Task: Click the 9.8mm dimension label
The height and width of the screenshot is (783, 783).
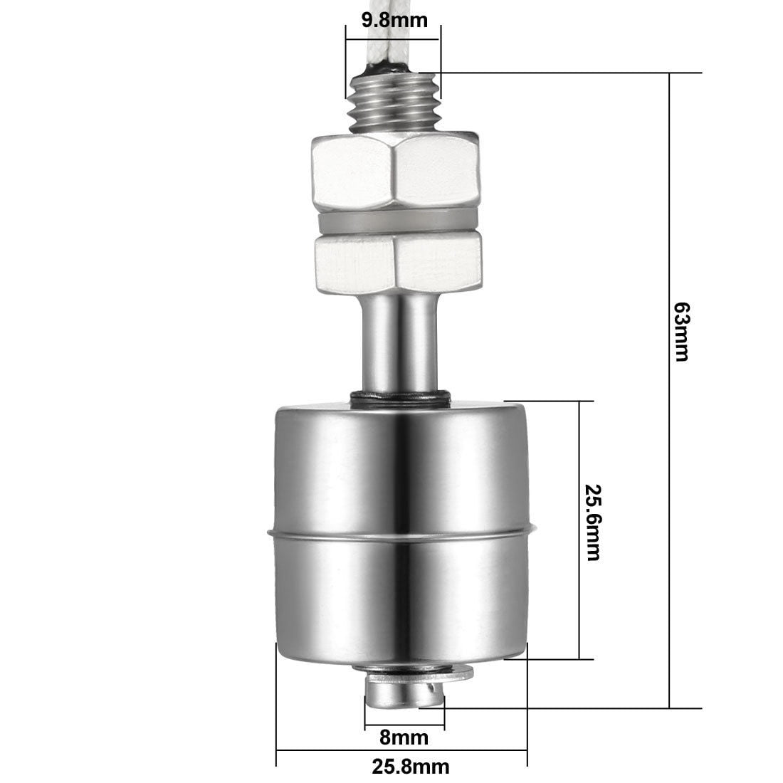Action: coord(394,21)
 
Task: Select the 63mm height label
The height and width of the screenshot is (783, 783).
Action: coord(682,331)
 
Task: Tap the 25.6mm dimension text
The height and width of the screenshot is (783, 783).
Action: coord(593,522)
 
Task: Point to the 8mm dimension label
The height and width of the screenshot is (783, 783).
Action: coord(404,737)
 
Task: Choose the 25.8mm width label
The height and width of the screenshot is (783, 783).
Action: coord(411,766)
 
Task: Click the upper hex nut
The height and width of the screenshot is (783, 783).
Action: coord(395,172)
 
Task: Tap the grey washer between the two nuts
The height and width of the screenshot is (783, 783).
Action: coord(397,223)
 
